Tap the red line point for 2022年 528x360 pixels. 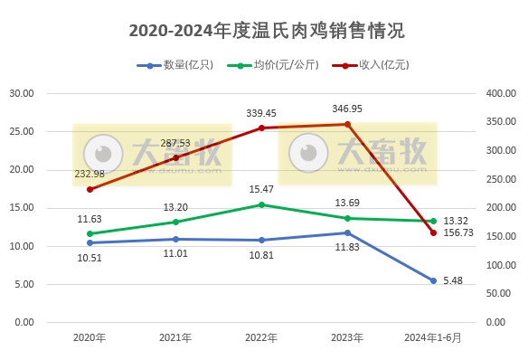(261, 128)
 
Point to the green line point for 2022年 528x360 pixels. (261, 204)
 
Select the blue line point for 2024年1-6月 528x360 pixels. (433, 280)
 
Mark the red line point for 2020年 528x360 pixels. (90, 189)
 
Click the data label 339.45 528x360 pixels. (261, 113)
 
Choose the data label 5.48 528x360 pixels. (453, 280)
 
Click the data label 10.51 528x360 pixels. (90, 257)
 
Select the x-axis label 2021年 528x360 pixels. (175, 338)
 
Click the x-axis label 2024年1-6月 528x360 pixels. (433, 338)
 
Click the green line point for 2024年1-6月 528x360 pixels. (433, 221)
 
